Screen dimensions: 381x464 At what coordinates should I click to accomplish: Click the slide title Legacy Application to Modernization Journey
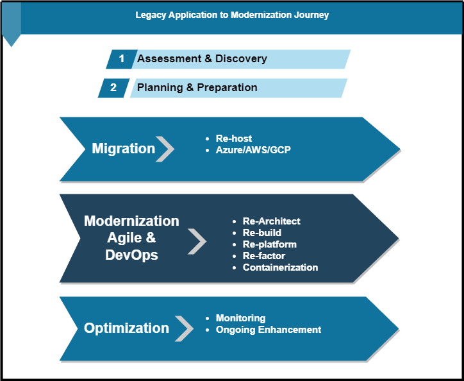(x=232, y=15)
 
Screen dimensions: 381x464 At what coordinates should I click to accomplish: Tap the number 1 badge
(x=121, y=59)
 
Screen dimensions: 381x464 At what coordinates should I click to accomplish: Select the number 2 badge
(x=113, y=88)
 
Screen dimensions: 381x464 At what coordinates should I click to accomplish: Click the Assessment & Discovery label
(x=202, y=59)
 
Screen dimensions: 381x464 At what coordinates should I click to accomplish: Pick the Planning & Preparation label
(x=197, y=88)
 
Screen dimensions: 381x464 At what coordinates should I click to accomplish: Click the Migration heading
(x=123, y=149)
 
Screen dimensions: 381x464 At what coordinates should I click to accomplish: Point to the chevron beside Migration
(x=165, y=149)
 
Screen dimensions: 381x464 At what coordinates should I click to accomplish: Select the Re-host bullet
(x=233, y=139)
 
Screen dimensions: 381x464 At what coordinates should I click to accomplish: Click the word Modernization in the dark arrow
(x=131, y=221)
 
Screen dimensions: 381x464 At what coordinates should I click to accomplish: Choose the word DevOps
(x=131, y=255)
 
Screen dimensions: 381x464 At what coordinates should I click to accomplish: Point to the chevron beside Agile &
(x=197, y=242)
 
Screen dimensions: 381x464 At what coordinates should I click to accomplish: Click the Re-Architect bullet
(x=271, y=221)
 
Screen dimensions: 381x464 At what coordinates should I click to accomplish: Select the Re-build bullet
(x=261, y=233)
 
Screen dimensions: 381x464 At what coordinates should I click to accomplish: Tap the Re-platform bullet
(x=269, y=244)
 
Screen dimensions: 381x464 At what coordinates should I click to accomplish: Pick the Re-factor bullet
(x=263, y=256)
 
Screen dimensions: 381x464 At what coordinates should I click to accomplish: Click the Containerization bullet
(x=280, y=267)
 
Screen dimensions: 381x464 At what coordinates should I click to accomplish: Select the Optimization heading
(x=126, y=328)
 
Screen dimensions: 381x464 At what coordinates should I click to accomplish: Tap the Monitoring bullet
(x=240, y=318)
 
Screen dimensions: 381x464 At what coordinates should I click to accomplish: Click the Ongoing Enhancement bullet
(x=268, y=330)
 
